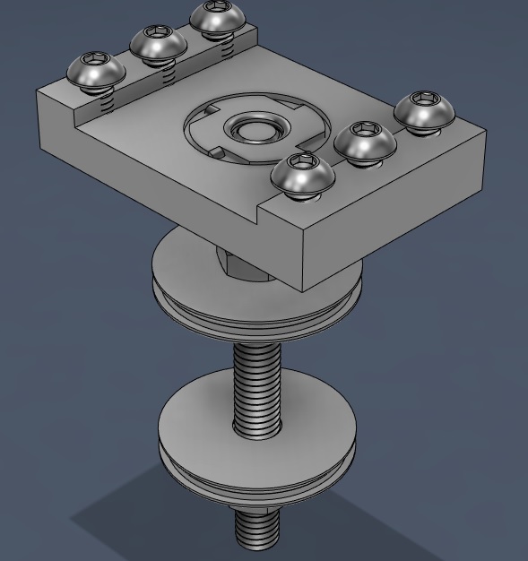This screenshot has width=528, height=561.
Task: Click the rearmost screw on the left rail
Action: click(x=214, y=19)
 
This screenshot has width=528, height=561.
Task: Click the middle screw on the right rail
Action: click(x=364, y=142)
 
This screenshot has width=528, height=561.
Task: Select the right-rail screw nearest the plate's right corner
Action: click(x=424, y=111)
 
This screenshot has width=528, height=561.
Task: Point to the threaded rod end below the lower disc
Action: click(x=257, y=529)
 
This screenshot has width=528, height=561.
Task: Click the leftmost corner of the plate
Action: click(x=38, y=92)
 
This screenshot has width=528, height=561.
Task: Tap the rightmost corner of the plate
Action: click(x=485, y=134)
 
